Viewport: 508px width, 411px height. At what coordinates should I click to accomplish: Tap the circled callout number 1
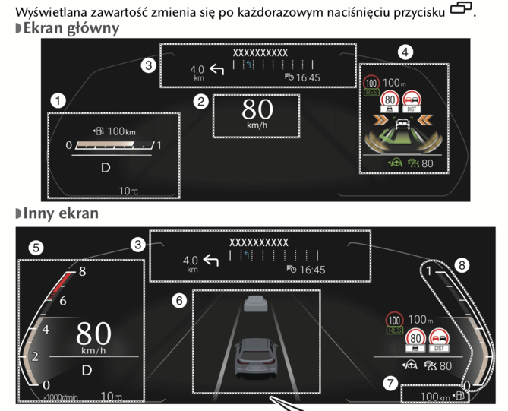tap(57, 100)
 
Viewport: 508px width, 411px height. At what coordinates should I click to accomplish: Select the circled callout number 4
tap(408, 52)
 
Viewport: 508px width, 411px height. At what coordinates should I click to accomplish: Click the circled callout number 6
tap(179, 301)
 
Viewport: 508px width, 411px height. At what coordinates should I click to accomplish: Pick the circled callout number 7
tap(390, 383)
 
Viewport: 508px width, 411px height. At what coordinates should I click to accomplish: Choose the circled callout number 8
tap(461, 265)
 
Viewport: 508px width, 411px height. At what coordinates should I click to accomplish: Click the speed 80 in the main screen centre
tap(257, 110)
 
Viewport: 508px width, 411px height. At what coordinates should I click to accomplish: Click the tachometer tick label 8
tap(82, 270)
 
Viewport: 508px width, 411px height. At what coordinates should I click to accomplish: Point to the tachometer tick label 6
tap(64, 300)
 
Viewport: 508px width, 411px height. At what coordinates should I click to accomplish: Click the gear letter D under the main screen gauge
tap(105, 166)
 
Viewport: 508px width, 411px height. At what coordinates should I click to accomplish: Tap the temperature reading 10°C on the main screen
tap(129, 191)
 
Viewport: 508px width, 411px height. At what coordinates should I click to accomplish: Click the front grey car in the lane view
tap(256, 305)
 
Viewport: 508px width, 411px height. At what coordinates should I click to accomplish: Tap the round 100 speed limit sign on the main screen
tap(372, 81)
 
